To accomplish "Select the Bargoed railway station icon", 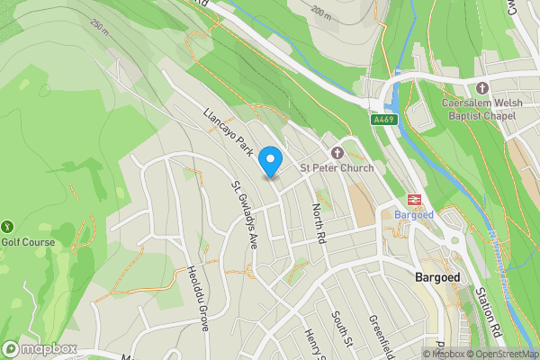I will click(x=415, y=200).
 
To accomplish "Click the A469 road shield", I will click(x=382, y=118).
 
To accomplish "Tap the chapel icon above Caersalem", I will click(x=482, y=87).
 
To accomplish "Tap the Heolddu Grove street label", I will click(x=198, y=298).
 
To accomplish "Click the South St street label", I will click(x=339, y=328).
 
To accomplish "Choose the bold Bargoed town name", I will click(x=437, y=277).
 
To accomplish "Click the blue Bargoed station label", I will click(x=415, y=216).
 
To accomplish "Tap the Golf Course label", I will click(x=28, y=242).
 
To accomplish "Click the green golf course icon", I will click(x=8, y=225).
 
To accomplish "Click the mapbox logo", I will click(x=40, y=348).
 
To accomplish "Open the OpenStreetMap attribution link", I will click(x=501, y=354).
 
